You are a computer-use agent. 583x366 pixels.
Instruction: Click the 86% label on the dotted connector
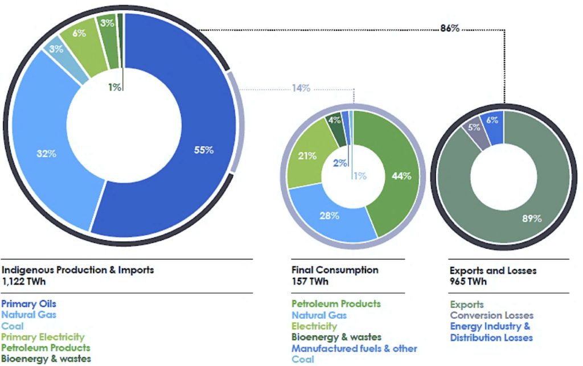(x=449, y=28)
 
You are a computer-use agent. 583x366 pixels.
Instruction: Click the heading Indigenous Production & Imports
(x=78, y=270)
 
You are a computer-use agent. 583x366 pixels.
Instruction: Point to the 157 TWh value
(x=310, y=281)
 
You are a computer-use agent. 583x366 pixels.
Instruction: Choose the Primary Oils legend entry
(x=29, y=304)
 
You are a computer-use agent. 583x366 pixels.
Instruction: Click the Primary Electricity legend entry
(x=43, y=337)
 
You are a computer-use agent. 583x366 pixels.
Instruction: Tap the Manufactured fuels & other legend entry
(x=354, y=348)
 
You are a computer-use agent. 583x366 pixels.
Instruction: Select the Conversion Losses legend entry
(x=491, y=315)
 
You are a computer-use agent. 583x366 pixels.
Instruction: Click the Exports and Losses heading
(x=493, y=270)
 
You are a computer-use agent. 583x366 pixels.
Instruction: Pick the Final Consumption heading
(x=334, y=270)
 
